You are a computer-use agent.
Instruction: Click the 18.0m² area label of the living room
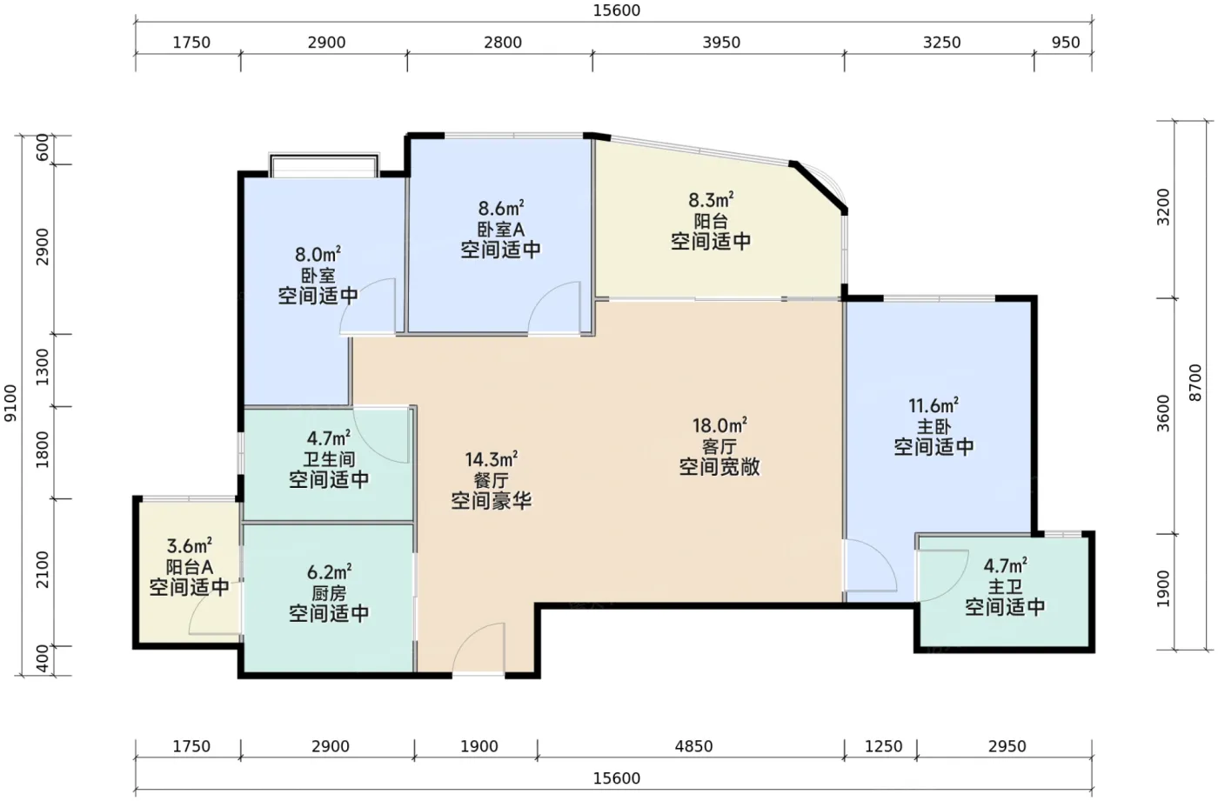[719, 425]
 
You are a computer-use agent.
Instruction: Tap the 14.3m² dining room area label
[491, 460]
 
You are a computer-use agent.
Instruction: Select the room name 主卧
[933, 426]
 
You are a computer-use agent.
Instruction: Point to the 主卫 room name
[1005, 587]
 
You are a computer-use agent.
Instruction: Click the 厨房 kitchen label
[329, 593]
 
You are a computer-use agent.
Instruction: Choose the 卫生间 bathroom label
[329, 459]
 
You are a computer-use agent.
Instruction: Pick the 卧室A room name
[500, 230]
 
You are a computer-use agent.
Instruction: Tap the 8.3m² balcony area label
[711, 200]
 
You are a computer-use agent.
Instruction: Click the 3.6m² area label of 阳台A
[189, 545]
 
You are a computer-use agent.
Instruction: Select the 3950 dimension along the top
[721, 43]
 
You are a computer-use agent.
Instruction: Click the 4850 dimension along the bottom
[693, 746]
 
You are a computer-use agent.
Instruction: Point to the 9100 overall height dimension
[10, 403]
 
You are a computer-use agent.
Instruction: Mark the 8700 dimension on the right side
[1195, 383]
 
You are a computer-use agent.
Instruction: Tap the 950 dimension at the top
[1065, 43]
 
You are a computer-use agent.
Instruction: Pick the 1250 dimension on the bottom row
[884, 746]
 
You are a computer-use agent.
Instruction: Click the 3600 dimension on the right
[1162, 413]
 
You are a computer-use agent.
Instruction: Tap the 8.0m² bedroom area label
[318, 254]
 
